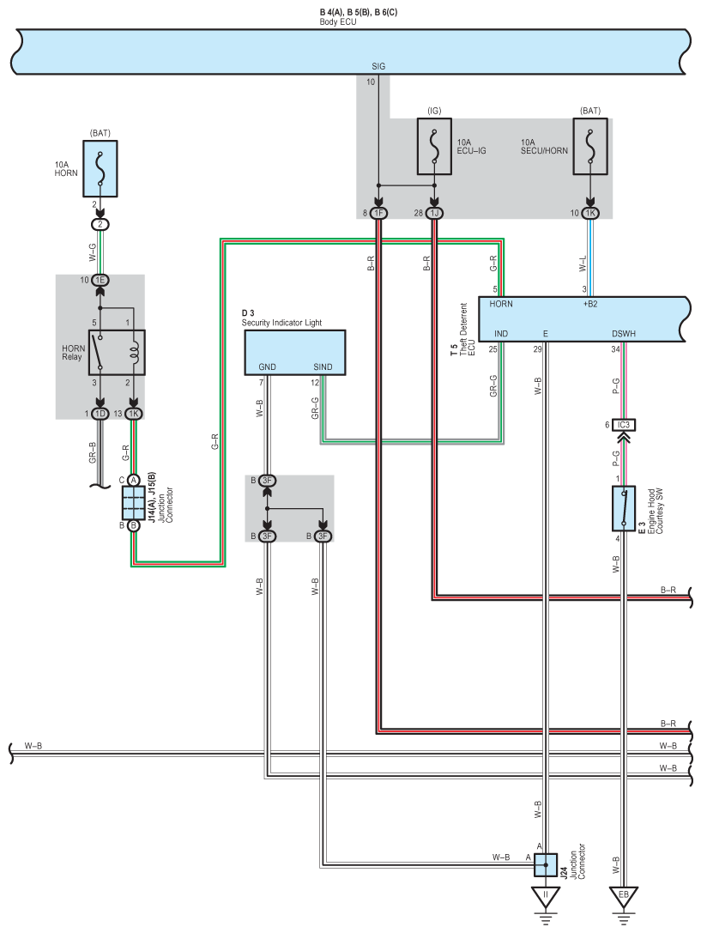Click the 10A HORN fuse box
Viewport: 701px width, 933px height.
coord(100,168)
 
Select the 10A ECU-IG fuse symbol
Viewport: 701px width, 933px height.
coord(434,147)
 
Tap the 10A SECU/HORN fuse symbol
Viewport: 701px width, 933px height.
coord(589,147)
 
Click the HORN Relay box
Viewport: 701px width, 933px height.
coord(118,352)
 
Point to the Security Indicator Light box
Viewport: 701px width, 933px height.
coord(295,353)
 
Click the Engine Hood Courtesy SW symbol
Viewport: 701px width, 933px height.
coord(624,508)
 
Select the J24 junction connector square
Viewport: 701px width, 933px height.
coord(545,864)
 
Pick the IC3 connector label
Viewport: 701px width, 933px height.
coord(624,425)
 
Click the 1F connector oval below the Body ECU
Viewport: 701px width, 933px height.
coord(378,213)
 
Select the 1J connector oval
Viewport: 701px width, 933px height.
coord(434,213)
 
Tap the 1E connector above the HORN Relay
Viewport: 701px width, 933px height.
coord(100,281)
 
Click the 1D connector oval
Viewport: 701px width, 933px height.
coord(100,414)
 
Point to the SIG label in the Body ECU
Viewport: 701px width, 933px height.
coord(378,67)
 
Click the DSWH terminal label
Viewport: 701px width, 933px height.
coord(624,334)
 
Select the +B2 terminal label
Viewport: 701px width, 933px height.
coord(589,304)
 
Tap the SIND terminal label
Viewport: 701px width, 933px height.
coord(323,367)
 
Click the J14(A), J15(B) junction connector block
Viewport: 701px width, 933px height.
coord(133,503)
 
